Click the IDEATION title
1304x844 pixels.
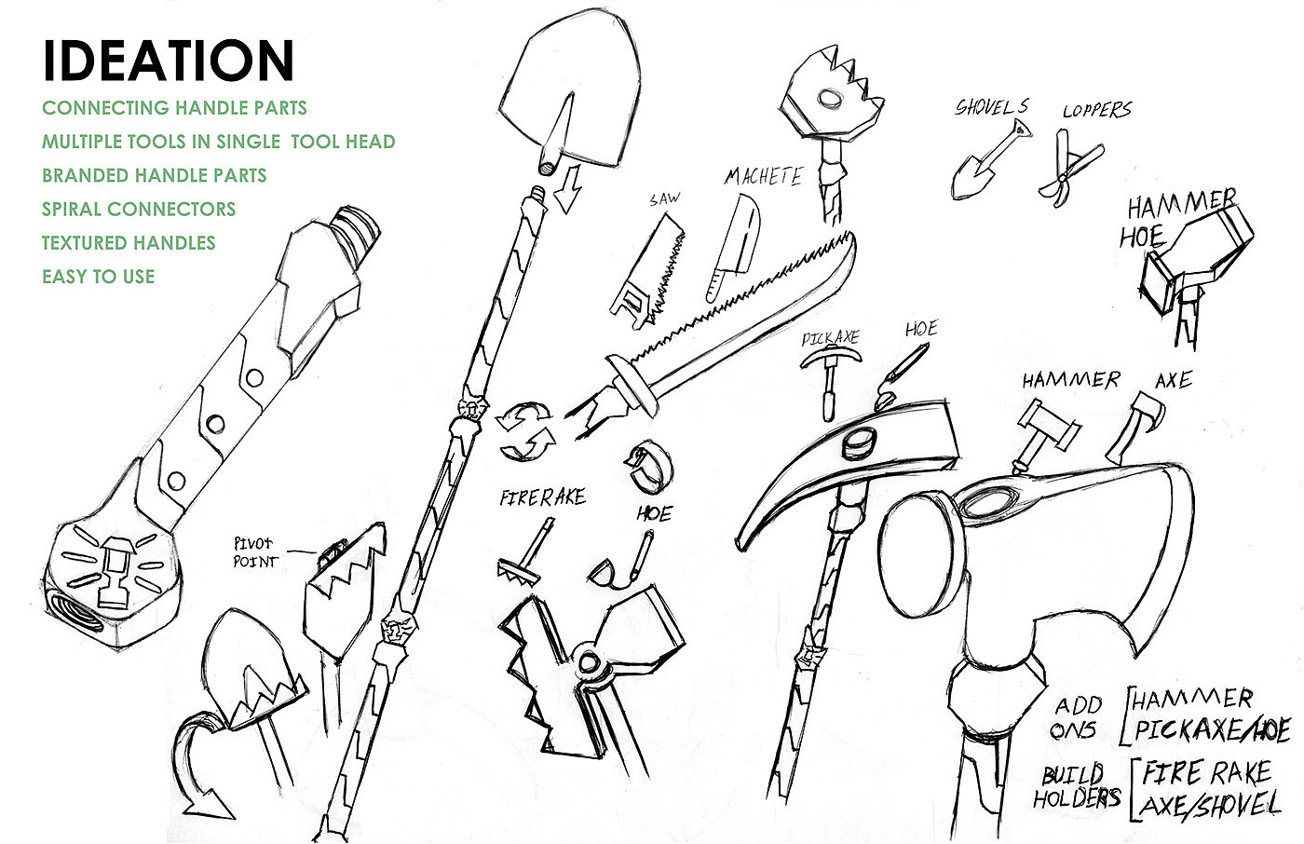(x=169, y=60)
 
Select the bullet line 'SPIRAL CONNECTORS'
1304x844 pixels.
(x=139, y=209)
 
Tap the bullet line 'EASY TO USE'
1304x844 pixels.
(x=99, y=277)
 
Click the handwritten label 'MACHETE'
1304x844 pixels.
(x=764, y=176)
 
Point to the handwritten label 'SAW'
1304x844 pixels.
(x=665, y=199)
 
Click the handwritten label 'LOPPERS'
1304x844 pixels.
(x=1097, y=109)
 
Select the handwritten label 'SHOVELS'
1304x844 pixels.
(x=992, y=106)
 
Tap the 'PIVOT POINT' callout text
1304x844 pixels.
(x=255, y=552)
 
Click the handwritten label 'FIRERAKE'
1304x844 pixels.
(x=542, y=497)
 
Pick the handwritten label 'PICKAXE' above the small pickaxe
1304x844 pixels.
(x=830, y=338)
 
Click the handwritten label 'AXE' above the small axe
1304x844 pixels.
(x=1174, y=380)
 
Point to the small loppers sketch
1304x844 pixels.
(x=1070, y=167)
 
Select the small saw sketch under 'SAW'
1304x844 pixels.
(x=647, y=272)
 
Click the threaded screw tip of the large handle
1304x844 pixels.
(x=355, y=225)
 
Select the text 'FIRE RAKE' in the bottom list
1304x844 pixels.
(x=1206, y=773)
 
